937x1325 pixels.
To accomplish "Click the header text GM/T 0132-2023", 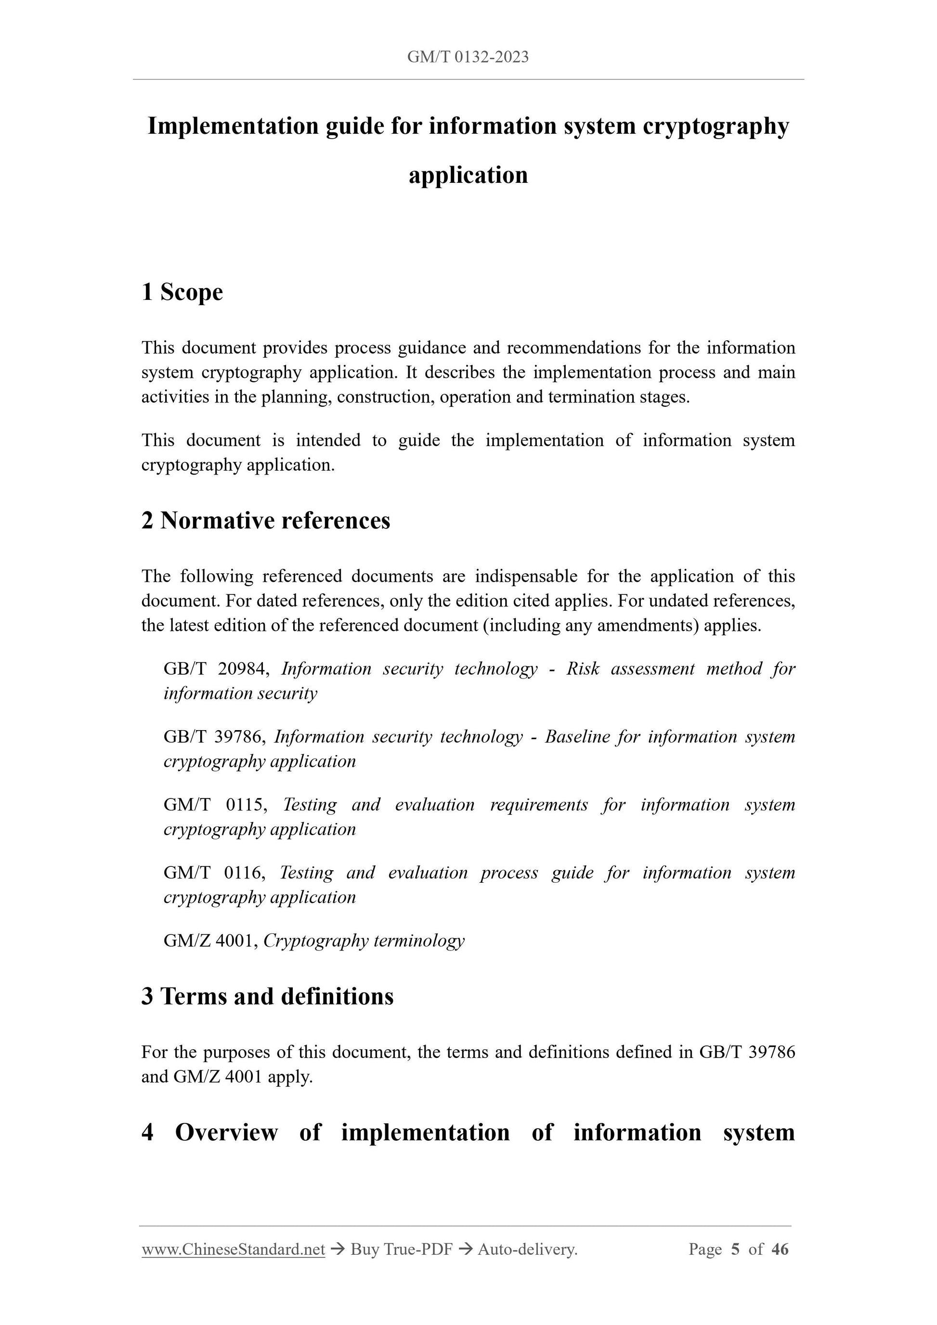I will [468, 57].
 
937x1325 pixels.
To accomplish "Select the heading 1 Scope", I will [182, 292].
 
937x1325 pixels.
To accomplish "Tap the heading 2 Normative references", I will [266, 521].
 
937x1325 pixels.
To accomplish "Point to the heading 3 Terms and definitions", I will [267, 996].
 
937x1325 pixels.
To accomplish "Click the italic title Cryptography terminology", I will [364, 940].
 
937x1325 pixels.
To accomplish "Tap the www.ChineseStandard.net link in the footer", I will [233, 1249].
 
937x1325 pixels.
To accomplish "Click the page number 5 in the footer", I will [735, 1249].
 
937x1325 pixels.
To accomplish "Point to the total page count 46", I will [780, 1249].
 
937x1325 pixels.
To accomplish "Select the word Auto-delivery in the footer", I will [527, 1249].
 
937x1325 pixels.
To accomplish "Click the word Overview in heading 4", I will [226, 1132].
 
